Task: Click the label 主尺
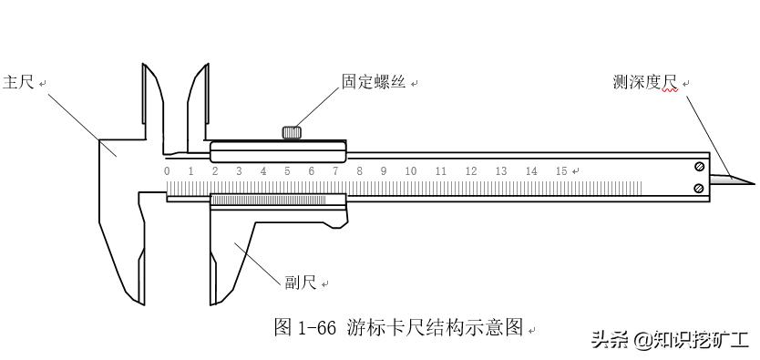point(19,83)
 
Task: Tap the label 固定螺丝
point(373,82)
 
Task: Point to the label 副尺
point(301,283)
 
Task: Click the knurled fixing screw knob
point(292,133)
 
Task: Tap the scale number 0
point(167,171)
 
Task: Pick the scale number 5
point(287,171)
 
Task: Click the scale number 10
point(411,171)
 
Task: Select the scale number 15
point(560,171)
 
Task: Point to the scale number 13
point(500,171)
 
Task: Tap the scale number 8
point(359,171)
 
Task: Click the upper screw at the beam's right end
point(698,167)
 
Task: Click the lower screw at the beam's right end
point(698,188)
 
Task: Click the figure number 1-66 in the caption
point(318,327)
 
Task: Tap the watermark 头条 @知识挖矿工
point(670,341)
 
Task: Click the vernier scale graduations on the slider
point(268,200)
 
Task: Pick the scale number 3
point(239,171)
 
